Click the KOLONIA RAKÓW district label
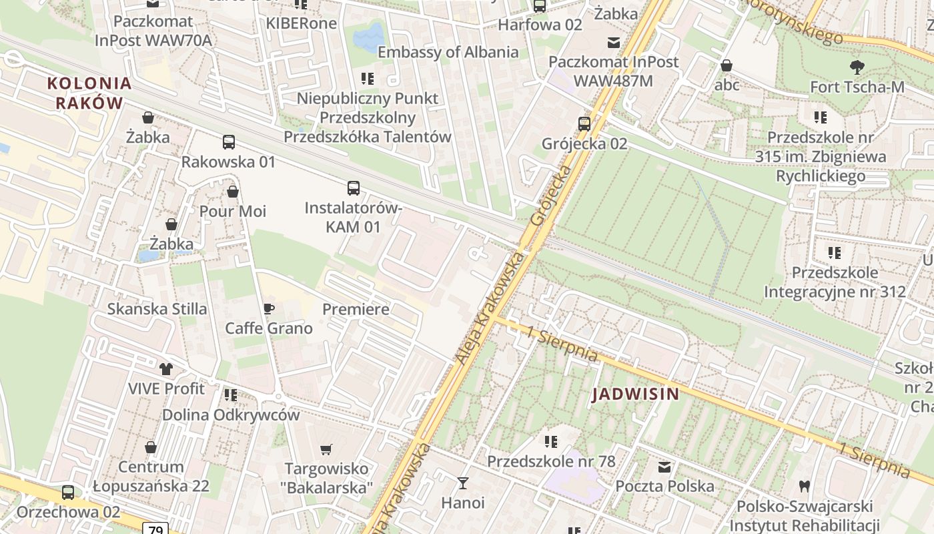click(89, 93)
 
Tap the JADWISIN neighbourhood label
click(636, 394)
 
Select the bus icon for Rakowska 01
click(228, 142)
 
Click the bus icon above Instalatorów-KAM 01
click(353, 188)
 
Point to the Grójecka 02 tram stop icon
click(584, 123)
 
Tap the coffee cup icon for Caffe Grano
click(268, 308)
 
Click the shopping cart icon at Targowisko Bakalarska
click(326, 449)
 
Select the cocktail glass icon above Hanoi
click(462, 483)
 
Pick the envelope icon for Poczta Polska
click(664, 467)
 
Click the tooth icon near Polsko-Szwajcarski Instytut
click(804, 487)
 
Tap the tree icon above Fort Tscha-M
click(857, 67)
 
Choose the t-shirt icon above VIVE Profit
click(166, 368)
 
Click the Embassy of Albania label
click(448, 52)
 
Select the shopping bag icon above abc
click(727, 65)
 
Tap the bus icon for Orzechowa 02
click(68, 493)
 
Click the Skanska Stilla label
click(157, 309)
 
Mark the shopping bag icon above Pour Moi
click(232, 192)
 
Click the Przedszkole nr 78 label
click(551, 461)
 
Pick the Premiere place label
click(356, 309)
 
